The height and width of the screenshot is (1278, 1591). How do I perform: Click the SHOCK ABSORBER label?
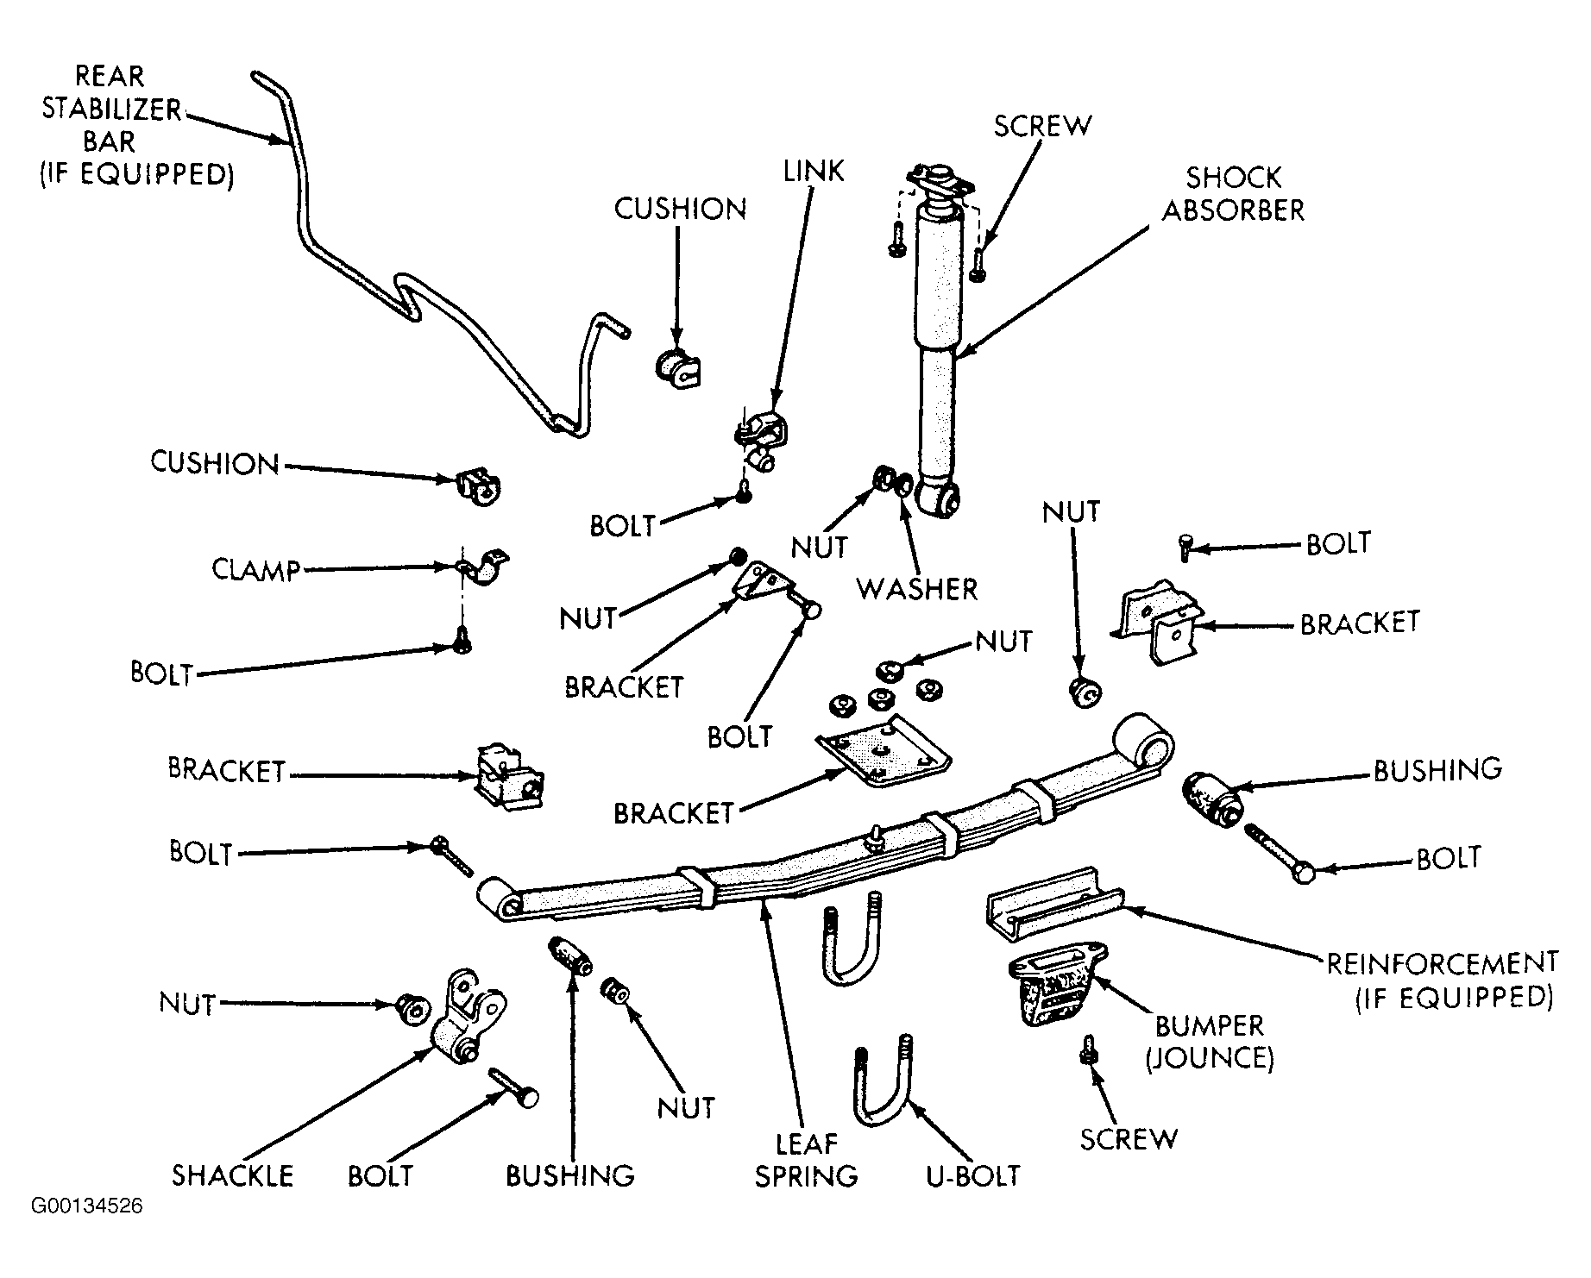1233,194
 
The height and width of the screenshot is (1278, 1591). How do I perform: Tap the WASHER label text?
917,590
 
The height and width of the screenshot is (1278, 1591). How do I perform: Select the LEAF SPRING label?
807,1160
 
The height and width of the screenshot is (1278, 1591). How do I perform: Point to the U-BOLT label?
973,1175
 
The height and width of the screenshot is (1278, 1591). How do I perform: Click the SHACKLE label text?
233,1175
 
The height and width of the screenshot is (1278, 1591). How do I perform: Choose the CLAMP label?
256,570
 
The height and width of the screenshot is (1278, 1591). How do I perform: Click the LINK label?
814,171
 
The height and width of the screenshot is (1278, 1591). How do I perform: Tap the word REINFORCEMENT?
1442,962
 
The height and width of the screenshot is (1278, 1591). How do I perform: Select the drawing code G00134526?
87,1206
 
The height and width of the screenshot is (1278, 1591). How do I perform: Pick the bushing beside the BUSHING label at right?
1212,798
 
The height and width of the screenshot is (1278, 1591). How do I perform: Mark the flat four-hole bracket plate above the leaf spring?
884,751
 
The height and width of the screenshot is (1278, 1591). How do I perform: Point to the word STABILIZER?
112,110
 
